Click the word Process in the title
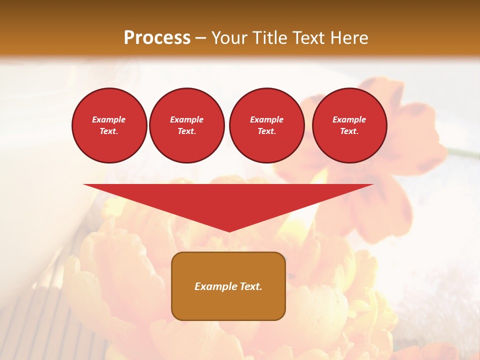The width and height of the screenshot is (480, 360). tap(157, 38)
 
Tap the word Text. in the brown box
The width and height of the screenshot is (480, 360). tap(250, 286)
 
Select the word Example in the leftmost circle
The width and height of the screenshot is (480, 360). tap(109, 119)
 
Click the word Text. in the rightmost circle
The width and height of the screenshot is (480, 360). tap(349, 131)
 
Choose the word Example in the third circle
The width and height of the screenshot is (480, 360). tap(266, 119)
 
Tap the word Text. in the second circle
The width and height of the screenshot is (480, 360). tap(186, 131)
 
